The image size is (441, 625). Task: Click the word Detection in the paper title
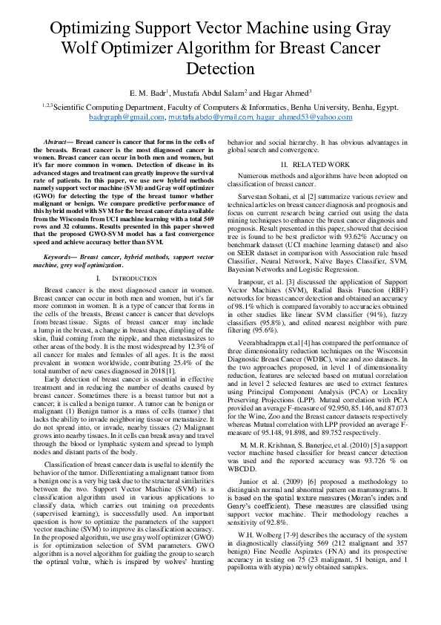pyautogui.click(x=220, y=69)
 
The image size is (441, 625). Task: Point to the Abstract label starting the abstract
pyautogui.click(x=58, y=140)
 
